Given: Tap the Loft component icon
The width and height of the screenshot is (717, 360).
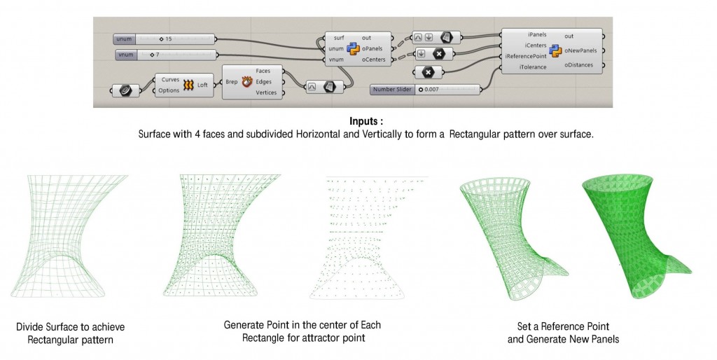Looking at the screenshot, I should [189, 85].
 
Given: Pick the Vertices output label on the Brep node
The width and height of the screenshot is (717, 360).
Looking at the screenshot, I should [267, 93].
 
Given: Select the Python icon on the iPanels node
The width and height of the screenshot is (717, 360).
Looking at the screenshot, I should [556, 50].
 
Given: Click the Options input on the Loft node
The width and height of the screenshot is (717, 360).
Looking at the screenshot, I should [169, 90].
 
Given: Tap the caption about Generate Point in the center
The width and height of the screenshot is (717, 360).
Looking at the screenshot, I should [302, 332].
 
